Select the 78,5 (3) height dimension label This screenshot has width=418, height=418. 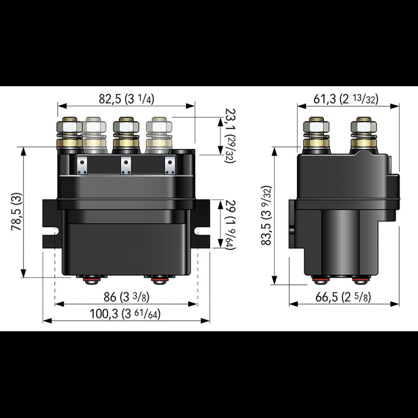pyautogui.click(x=16, y=212)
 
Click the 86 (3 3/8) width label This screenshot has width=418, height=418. pyautogui.click(x=127, y=298)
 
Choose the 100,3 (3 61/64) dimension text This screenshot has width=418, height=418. pyautogui.click(x=127, y=315)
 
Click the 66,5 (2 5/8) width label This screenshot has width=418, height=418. pyautogui.click(x=345, y=298)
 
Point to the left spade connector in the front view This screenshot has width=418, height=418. pyautogui.click(x=82, y=165)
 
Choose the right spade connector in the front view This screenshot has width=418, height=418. pyautogui.click(x=169, y=165)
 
